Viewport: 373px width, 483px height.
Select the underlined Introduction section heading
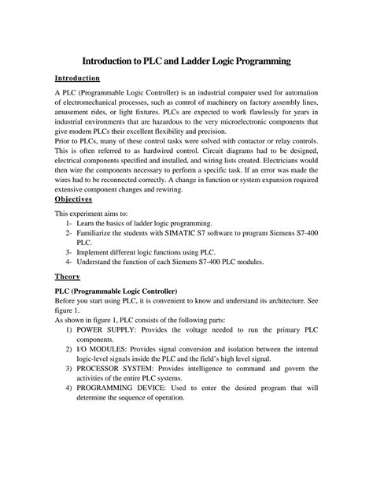tap(76, 79)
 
